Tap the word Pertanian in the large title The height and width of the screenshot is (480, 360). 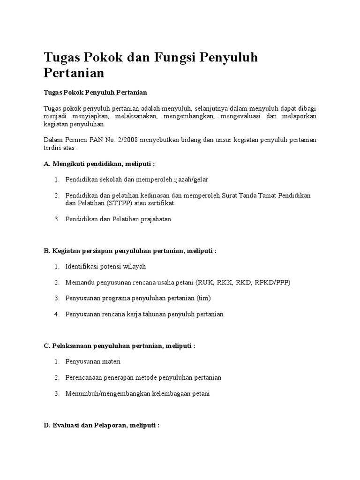pos(74,74)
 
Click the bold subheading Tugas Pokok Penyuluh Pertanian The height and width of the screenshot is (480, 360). pos(96,92)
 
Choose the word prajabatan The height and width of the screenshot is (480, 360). pos(154,219)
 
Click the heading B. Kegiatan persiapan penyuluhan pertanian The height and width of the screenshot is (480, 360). pos(130,251)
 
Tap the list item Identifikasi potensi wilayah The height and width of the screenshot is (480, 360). pos(106,266)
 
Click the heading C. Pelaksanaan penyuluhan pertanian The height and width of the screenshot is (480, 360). pos(119,345)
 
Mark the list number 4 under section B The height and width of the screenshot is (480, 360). pos(56,314)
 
